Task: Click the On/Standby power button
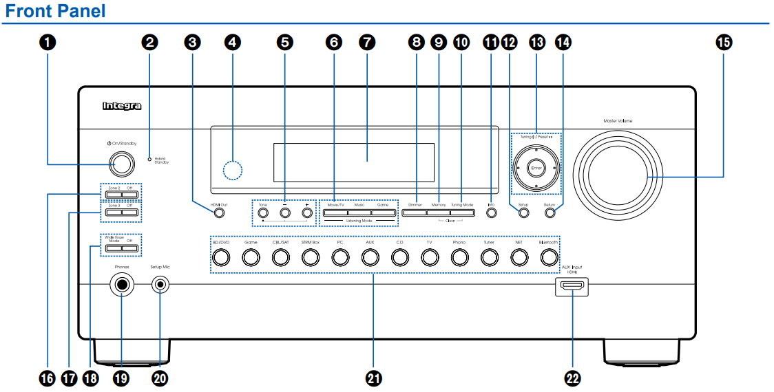122,163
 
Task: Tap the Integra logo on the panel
121,106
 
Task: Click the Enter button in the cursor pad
536,168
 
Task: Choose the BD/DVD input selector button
220,257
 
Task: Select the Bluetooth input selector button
548,257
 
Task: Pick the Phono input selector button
459,257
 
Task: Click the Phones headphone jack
123,285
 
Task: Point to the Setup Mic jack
161,284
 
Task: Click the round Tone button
262,213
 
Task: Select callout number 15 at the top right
724,43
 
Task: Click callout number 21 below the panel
374,378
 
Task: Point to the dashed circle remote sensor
233,168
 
